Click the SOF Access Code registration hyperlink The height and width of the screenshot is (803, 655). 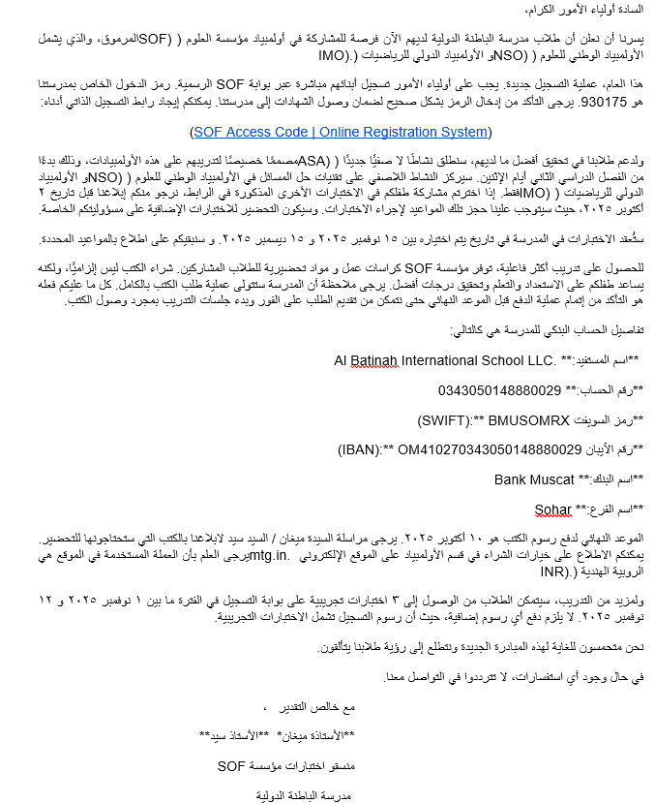pos(341,132)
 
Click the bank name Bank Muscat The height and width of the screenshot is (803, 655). pos(532,479)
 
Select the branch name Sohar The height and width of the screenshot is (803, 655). pos(552,509)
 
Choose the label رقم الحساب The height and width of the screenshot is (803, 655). pos(604,391)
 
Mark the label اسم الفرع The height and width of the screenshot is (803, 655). pos(607,509)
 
